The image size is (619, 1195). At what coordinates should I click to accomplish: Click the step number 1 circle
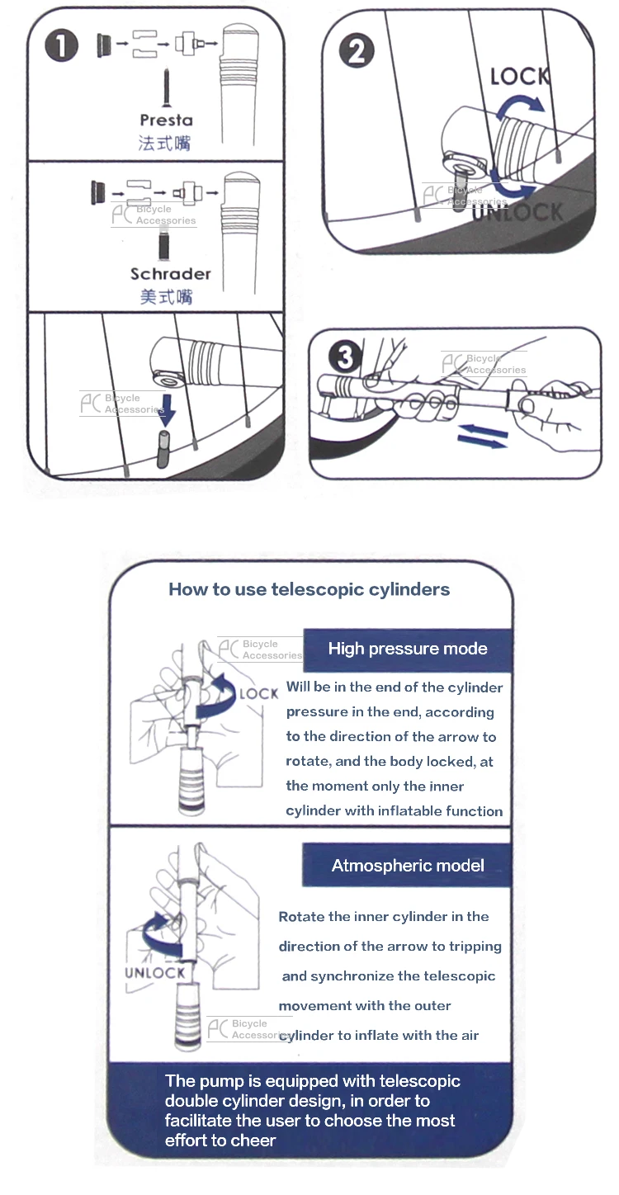click(x=62, y=45)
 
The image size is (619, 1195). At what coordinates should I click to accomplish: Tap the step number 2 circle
click(x=357, y=50)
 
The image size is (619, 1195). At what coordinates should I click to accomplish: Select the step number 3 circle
click(x=346, y=357)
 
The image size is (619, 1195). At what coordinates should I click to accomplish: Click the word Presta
click(x=166, y=120)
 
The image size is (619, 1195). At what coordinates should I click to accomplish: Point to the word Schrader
click(x=171, y=274)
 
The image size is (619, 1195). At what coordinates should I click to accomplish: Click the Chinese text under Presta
click(x=164, y=143)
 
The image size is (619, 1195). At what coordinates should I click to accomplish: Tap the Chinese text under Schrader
click(x=166, y=296)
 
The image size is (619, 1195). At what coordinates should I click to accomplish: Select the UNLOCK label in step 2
click(x=517, y=212)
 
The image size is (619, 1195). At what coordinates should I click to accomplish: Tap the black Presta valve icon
click(x=167, y=88)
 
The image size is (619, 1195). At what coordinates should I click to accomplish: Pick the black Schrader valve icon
click(x=164, y=243)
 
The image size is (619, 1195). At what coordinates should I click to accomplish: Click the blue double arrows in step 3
click(x=483, y=436)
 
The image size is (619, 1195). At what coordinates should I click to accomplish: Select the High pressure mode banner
click(x=408, y=649)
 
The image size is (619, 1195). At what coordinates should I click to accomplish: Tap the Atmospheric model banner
click(x=407, y=866)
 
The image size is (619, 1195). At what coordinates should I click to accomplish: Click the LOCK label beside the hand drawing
click(x=259, y=693)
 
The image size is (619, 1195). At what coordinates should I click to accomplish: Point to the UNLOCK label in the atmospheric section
click(x=155, y=973)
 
